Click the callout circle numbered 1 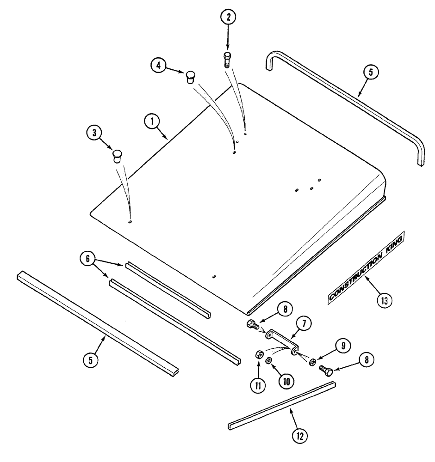tap(151, 122)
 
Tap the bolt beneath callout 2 tap(227, 60)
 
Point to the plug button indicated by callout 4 tap(190, 76)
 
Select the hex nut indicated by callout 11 tap(259, 355)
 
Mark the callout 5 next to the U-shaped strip tap(373, 72)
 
